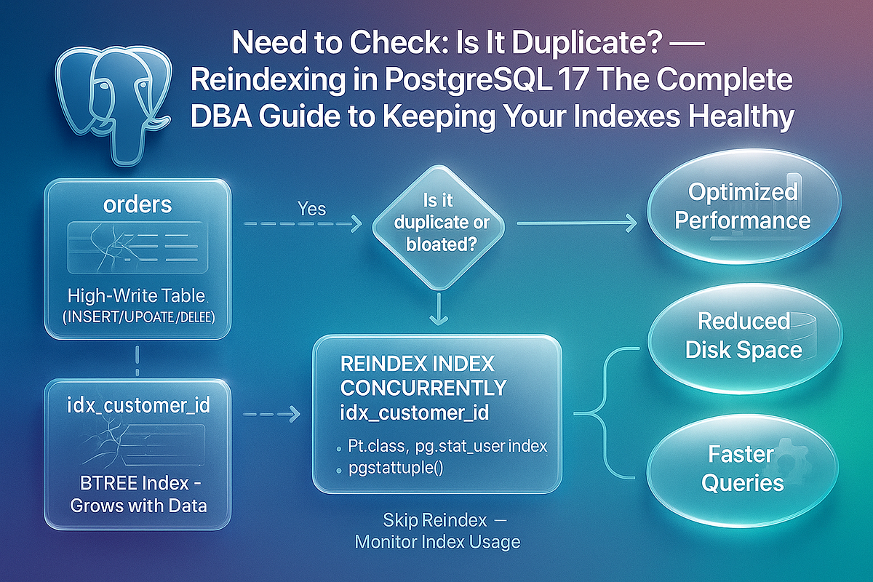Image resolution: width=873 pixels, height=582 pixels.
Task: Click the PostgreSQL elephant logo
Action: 109,102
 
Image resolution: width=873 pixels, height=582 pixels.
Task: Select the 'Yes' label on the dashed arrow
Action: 311,209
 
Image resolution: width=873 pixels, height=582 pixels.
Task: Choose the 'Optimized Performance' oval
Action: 742,206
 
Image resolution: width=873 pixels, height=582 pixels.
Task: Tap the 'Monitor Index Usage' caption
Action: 436,542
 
